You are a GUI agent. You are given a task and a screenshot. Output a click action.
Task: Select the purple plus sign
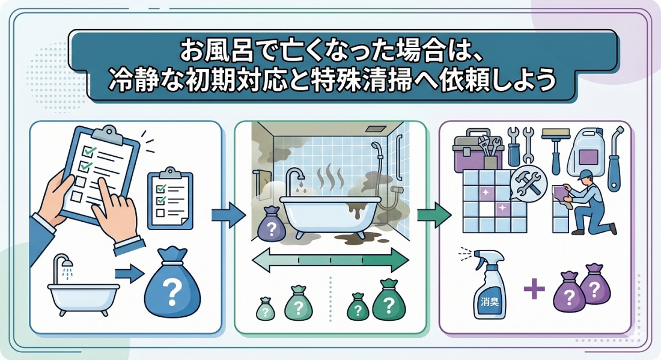pyautogui.click(x=534, y=290)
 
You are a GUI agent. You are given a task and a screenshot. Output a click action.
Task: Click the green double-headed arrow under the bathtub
pyautogui.click(x=330, y=260)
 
